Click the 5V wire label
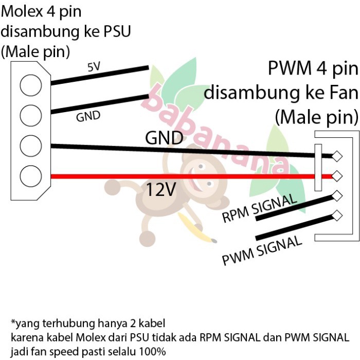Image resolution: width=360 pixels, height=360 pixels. [94, 67]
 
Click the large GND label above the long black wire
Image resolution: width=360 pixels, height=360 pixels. [164, 138]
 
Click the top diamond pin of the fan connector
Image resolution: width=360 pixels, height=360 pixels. [337, 156]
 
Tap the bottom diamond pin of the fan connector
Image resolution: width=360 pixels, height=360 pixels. [337, 215]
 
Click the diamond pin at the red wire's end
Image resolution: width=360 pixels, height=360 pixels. [337, 176]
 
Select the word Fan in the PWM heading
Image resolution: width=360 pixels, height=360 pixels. [340, 93]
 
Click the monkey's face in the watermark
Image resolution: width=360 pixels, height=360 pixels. [198, 172]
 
